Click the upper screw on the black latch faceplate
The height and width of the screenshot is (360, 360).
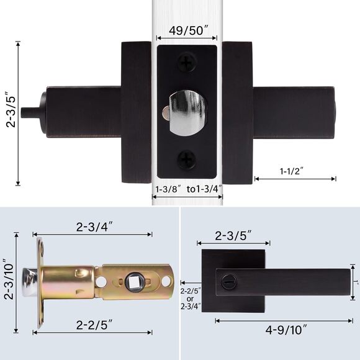coord(186,63)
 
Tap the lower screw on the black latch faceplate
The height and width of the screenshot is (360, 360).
coord(186,159)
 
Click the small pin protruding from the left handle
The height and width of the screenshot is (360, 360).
coord(27,113)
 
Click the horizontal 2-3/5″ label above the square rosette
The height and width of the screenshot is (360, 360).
coord(233,236)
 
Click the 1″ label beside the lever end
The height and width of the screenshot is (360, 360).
coord(356,282)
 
